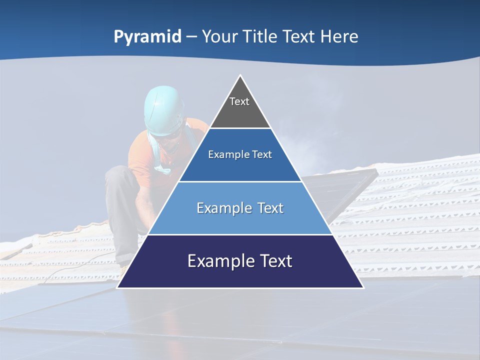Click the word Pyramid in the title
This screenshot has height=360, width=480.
147,37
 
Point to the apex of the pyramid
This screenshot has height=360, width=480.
240,76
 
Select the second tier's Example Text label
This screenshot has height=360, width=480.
240,154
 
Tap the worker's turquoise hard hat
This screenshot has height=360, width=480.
162,107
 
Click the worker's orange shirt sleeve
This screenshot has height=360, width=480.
140,155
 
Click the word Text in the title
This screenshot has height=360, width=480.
298,37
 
